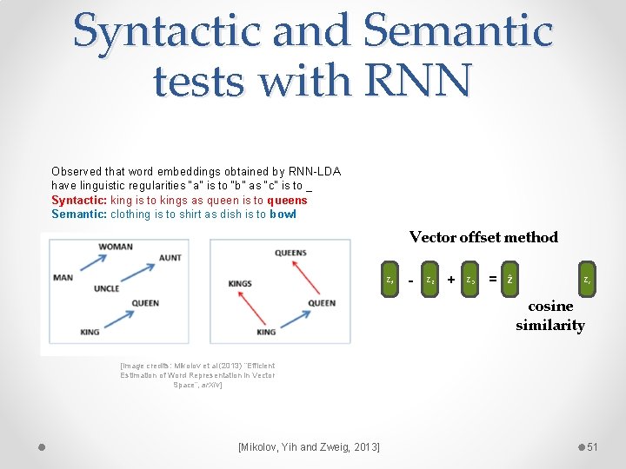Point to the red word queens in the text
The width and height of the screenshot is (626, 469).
287,201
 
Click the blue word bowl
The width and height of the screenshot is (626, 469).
283,215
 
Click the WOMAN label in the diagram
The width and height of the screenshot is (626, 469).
116,247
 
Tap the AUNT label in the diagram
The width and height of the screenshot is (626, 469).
170,258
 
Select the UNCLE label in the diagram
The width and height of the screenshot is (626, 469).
106,288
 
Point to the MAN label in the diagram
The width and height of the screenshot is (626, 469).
63,278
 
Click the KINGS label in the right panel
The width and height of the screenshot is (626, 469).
240,284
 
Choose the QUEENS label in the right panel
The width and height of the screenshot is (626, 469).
290,253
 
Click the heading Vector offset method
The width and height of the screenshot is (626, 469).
483,237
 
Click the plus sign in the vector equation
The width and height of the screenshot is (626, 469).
450,280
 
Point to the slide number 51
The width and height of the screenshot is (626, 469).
593,446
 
